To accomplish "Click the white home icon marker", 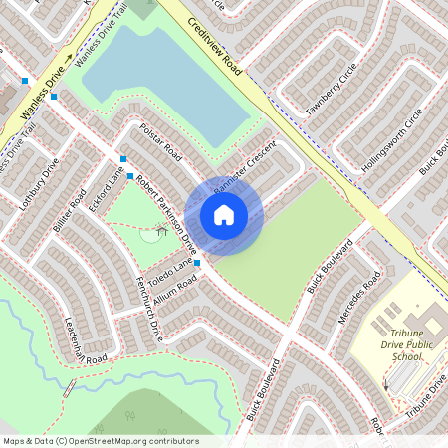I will (224, 214).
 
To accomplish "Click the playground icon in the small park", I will (159, 233).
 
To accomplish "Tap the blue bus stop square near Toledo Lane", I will (197, 263).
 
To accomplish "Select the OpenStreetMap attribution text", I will (100, 441).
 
